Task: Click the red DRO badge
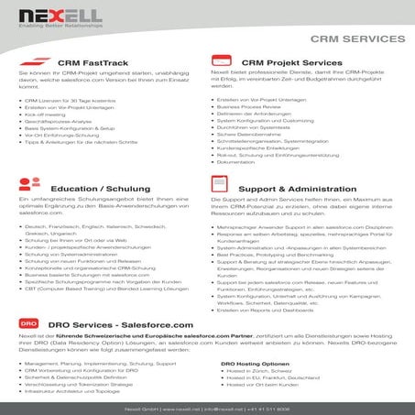pyautogui.click(x=29, y=324)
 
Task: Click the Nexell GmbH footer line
pyautogui.click(x=207, y=406)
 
